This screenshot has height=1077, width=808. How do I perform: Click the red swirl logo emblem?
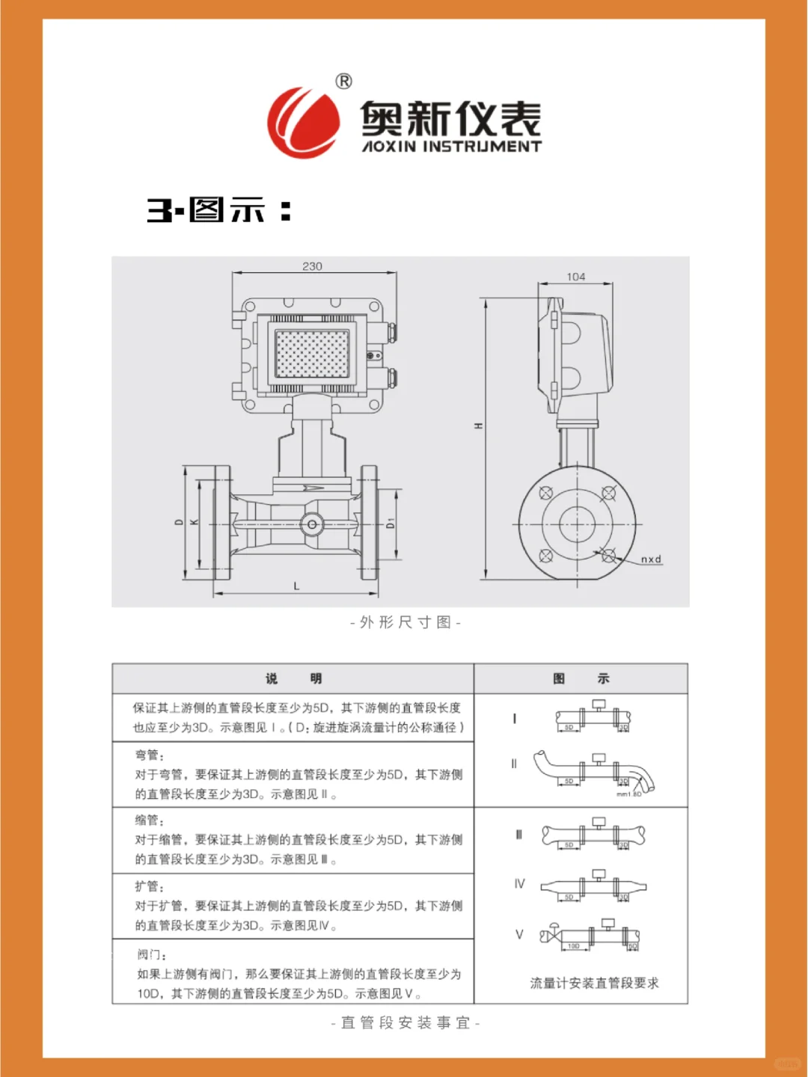303,123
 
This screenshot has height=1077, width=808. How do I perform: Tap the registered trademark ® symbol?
343,81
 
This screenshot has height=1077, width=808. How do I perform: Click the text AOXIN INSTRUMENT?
451,147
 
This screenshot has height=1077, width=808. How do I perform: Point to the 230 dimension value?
312,266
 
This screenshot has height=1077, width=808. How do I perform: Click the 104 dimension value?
575,277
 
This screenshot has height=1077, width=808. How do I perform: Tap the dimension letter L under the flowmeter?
296,586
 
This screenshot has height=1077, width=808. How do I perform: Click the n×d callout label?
651,559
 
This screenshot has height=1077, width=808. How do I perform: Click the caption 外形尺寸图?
405,622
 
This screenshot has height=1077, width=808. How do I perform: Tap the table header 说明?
293,678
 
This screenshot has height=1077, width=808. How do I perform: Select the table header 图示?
581,678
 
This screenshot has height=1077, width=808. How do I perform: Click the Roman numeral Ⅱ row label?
514,764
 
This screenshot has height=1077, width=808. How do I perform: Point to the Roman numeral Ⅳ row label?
519,883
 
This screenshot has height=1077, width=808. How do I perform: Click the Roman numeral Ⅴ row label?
519,934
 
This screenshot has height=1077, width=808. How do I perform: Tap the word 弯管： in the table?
150,755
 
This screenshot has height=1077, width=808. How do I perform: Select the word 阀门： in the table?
152,954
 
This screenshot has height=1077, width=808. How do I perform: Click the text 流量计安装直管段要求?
594,983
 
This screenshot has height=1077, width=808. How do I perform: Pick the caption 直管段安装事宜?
405,1022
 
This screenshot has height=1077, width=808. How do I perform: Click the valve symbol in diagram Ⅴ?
553,934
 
